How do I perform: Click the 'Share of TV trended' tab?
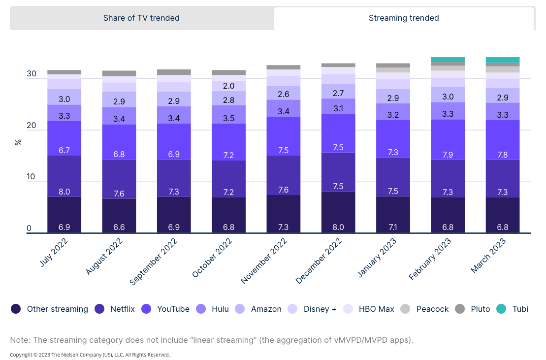point(141,18)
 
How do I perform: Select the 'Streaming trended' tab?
point(404,18)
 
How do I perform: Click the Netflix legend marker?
point(99,309)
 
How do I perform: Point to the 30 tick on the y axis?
point(32,74)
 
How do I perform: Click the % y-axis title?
point(18,142)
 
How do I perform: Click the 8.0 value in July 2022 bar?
point(64,192)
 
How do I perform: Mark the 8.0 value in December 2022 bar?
point(338,227)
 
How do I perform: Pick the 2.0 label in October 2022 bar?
point(228,86)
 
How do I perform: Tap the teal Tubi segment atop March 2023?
point(503,60)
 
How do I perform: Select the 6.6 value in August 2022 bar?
point(119,227)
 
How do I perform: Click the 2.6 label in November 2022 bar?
point(284,94)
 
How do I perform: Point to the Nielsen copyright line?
point(90,355)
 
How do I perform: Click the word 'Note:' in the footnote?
point(20,340)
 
